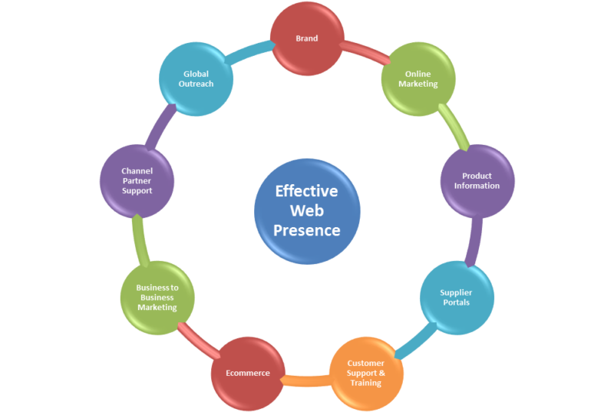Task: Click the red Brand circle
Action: point(306,37)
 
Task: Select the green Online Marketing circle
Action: point(418,78)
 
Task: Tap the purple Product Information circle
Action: point(477,181)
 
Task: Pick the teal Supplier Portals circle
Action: point(456,297)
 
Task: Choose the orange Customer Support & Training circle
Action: point(365,372)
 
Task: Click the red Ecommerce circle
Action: point(247,373)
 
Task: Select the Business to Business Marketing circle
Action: point(157,297)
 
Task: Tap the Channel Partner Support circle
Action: point(137,180)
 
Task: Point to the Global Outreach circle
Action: point(196,78)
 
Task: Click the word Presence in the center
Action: point(307,229)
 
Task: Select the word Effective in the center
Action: point(306,190)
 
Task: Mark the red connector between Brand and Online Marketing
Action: point(364,52)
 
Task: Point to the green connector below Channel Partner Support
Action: point(138,239)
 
